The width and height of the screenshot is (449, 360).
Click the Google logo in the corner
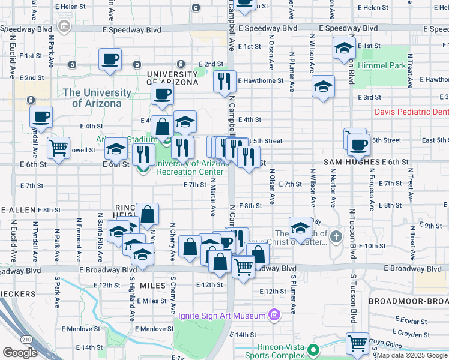click(x=20, y=353)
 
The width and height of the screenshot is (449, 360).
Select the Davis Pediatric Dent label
click(x=411, y=112)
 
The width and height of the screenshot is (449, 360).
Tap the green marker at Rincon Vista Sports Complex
click(x=312, y=349)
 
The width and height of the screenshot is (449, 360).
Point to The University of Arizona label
click(x=97, y=98)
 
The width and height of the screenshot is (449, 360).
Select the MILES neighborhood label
click(x=152, y=286)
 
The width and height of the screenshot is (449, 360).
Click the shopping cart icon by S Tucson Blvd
click(x=357, y=343)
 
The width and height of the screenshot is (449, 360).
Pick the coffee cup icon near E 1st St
click(x=110, y=59)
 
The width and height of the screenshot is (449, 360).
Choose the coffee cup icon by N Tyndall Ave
click(x=41, y=116)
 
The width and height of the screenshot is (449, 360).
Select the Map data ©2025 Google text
click(x=412, y=355)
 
